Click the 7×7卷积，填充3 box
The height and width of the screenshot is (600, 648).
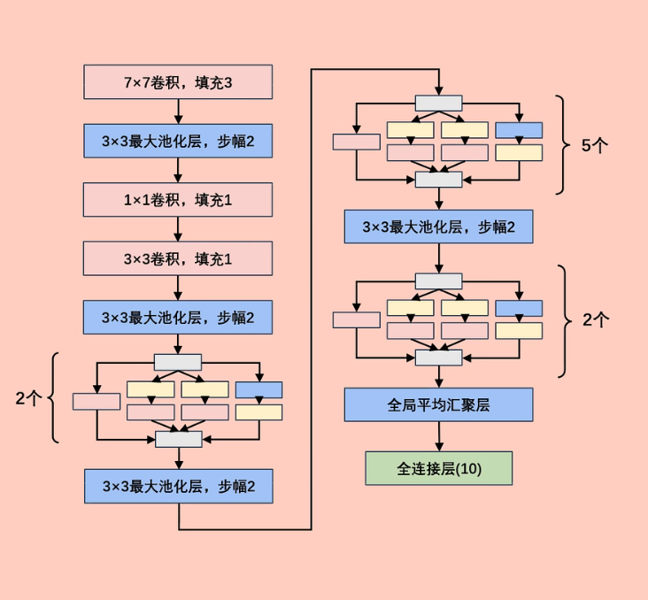coord(178,82)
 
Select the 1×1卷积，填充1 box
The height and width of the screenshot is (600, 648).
coord(178,200)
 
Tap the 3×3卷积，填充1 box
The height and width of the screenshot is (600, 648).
coord(178,258)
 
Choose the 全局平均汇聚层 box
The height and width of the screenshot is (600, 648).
coord(438,404)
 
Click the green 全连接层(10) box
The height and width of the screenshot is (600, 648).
coord(438,468)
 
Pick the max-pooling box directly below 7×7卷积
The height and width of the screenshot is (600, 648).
coord(178,141)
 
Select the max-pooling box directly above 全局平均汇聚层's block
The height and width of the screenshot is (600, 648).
coord(438,227)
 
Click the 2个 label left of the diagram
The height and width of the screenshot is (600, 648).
coord(28,398)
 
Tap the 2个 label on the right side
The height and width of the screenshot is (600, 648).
coord(596,320)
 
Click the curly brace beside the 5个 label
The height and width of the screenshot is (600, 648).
coord(562,144)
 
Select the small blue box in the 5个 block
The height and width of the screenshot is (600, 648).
coord(519,130)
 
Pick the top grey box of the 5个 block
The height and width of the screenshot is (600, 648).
coord(438,103)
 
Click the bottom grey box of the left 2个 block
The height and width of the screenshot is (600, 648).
coord(178,439)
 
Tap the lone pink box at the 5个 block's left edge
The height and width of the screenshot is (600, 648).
coord(356,142)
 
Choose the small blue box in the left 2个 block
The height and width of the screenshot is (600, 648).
coord(258,389)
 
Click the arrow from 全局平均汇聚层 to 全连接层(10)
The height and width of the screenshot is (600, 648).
coord(438,436)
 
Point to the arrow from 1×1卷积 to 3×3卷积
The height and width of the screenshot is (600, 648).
coord(178,229)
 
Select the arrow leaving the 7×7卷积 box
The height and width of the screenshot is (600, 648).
coord(178,112)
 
